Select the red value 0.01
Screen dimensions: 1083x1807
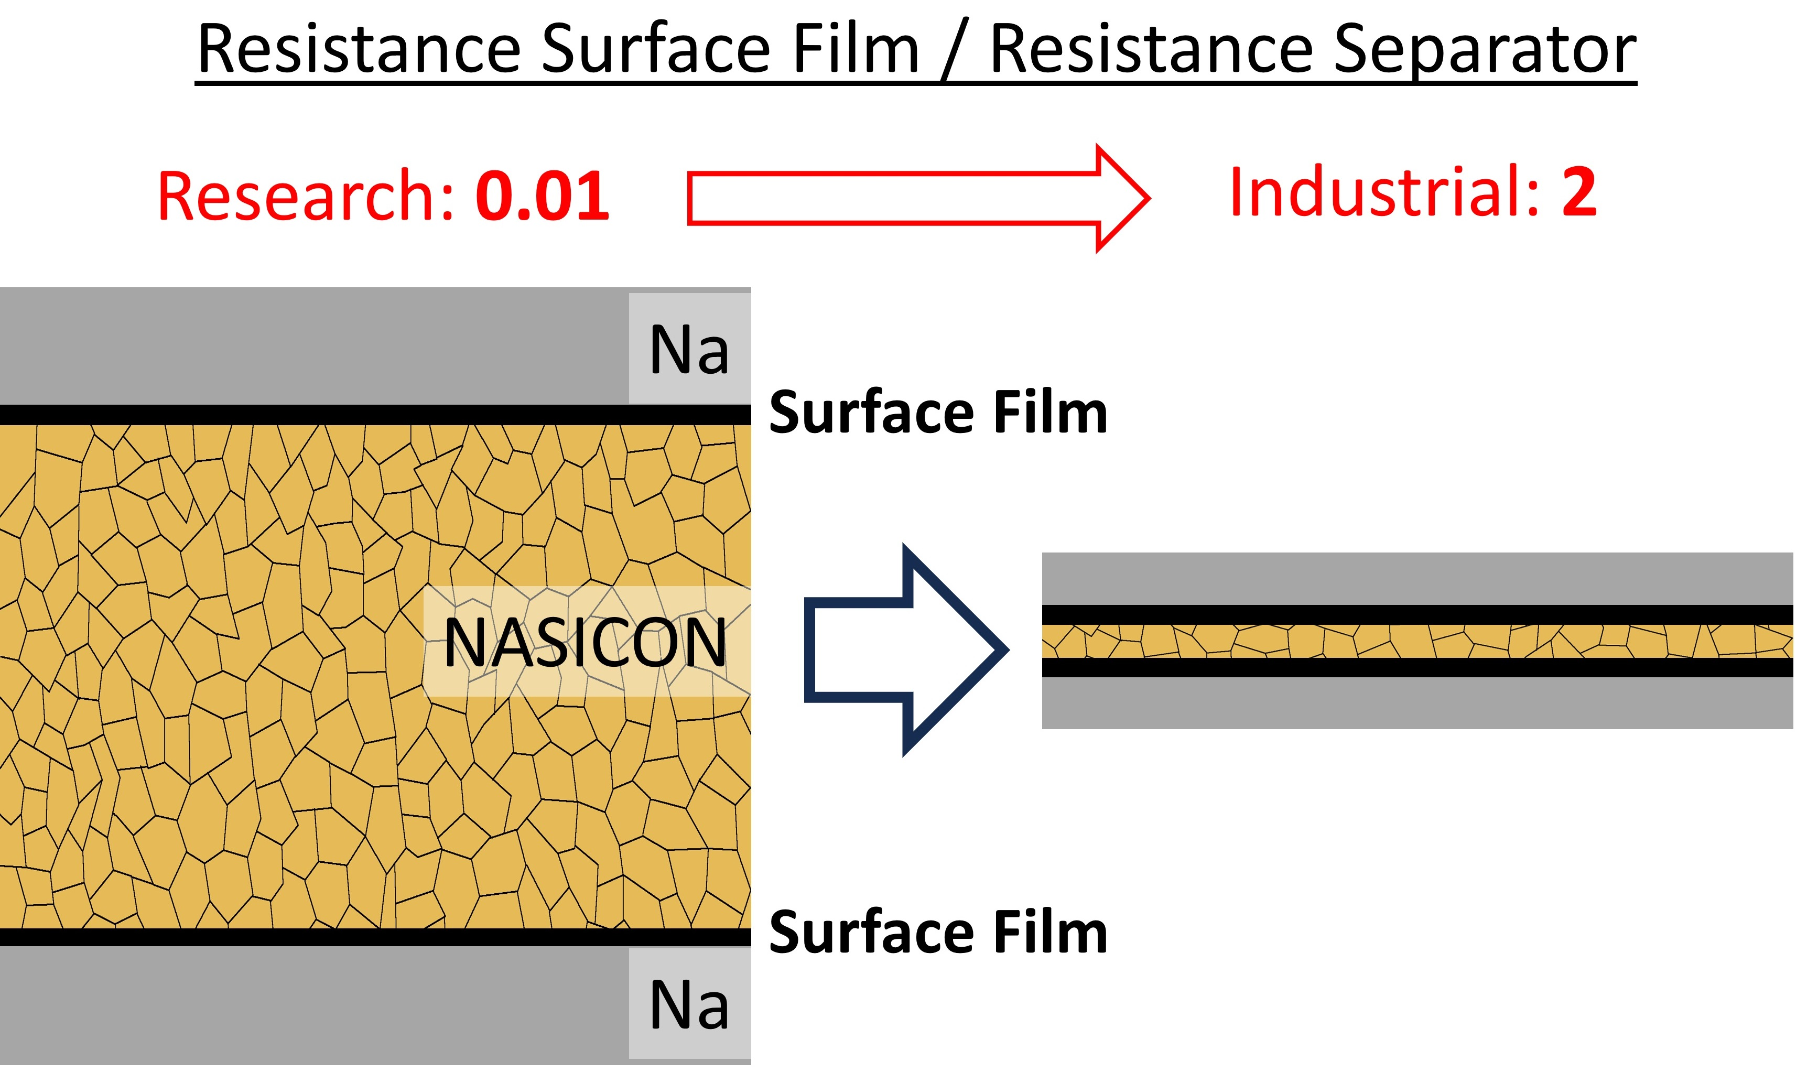[x=542, y=196]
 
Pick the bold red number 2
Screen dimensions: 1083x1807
[x=1578, y=193]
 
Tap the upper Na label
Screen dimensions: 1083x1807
[x=689, y=350]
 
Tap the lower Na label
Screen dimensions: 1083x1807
[x=689, y=1005]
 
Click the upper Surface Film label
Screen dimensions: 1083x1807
[x=938, y=413]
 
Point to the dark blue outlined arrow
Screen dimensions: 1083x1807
[x=905, y=649]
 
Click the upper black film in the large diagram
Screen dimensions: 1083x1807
[x=365, y=415]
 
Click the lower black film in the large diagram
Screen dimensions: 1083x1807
[x=365, y=937]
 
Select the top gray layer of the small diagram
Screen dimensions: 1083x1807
[x=1416, y=579]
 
